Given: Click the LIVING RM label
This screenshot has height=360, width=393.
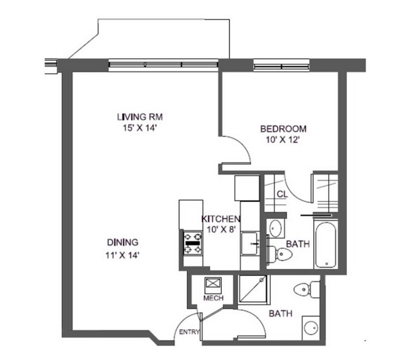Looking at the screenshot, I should point(140,117).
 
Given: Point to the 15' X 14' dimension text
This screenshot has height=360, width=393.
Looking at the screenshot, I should point(140,127).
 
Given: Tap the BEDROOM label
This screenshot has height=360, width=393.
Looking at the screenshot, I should point(283,129).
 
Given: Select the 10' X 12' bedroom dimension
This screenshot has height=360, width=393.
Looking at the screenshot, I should point(283,140).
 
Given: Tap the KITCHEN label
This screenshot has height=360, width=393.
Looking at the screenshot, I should point(221,219).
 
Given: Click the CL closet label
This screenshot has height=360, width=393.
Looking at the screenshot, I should point(282,193).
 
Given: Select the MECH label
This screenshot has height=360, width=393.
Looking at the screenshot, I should point(213,299).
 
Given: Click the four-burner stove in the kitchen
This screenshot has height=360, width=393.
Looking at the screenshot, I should point(193,243).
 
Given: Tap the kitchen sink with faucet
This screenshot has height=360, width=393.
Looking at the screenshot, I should point(250,244).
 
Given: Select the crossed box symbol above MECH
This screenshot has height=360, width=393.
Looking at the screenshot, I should point(212,284).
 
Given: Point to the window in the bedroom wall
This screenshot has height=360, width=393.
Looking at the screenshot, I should point(281,63).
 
